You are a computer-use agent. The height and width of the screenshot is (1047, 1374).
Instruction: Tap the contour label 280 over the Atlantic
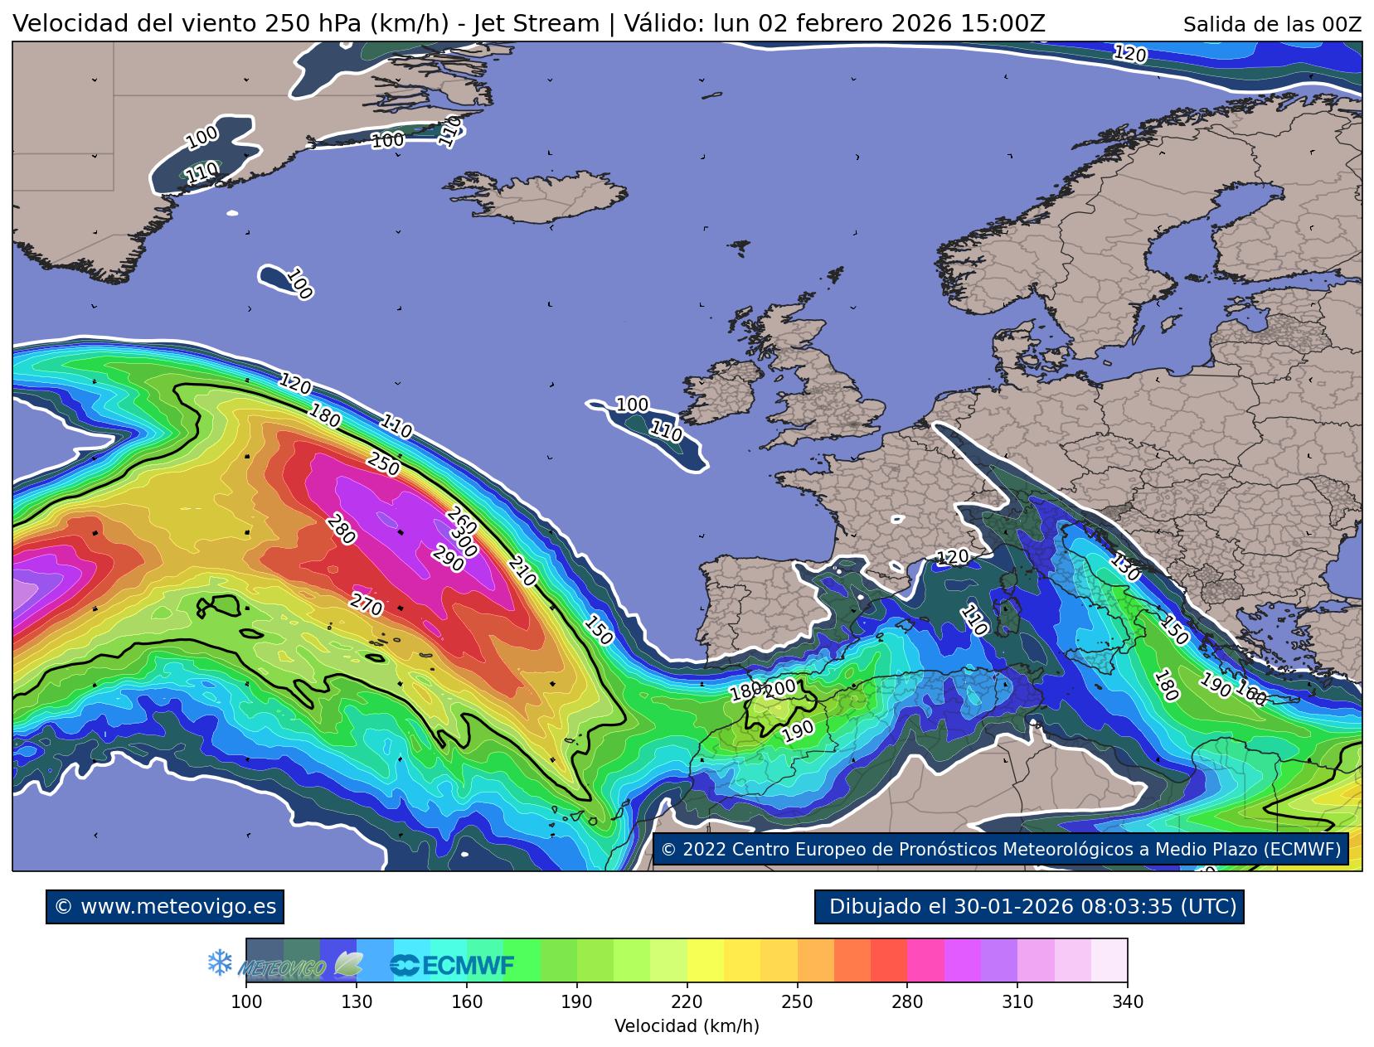pyautogui.click(x=341, y=530)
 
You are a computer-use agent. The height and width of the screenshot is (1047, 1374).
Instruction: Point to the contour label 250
pyautogui.click(x=383, y=464)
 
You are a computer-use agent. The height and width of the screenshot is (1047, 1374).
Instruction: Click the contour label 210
pyautogui.click(x=522, y=572)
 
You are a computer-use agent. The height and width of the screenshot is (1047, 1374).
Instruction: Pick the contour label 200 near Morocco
pyautogui.click(x=779, y=688)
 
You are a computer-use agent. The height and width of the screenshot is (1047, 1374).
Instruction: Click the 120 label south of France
pyautogui.click(x=952, y=557)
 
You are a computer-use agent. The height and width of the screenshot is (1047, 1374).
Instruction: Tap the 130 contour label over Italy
pyautogui.click(x=1125, y=567)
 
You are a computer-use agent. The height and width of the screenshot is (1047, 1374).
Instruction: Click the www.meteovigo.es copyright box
pyautogui.click(x=165, y=906)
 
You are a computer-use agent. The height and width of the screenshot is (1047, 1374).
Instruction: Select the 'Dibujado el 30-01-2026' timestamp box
pyautogui.click(x=1029, y=906)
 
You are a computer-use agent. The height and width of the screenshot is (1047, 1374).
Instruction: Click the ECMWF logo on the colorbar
pyautogui.click(x=453, y=965)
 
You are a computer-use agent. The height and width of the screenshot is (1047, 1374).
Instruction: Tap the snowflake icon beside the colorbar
pyautogui.click(x=220, y=963)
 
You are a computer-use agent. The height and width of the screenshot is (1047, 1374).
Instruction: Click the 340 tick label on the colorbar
pyautogui.click(x=1127, y=1002)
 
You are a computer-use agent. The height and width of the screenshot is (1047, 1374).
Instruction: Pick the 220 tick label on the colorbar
pyautogui.click(x=687, y=1002)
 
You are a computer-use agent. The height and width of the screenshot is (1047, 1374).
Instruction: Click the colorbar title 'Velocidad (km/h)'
pyautogui.click(x=687, y=1026)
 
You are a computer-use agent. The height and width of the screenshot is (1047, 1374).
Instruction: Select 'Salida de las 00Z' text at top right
pyautogui.click(x=1272, y=25)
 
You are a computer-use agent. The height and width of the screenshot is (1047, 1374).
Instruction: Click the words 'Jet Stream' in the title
pyautogui.click(x=536, y=24)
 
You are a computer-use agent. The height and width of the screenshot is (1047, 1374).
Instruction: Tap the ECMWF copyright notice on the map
pyautogui.click(x=1001, y=849)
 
